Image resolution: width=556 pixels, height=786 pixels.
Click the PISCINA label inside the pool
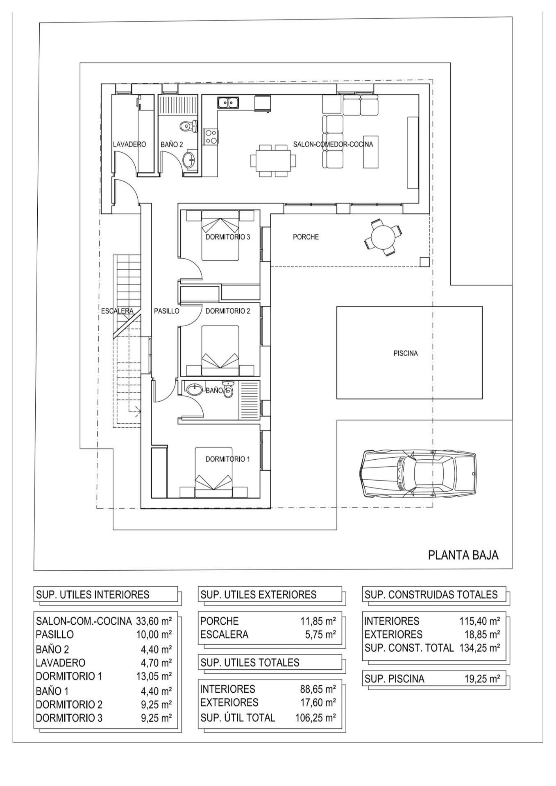406,353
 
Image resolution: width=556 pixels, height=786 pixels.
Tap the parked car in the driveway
418,474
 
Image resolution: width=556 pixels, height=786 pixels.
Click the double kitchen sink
228,102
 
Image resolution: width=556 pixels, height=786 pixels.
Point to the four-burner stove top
211,136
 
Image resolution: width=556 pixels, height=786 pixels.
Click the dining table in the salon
273,160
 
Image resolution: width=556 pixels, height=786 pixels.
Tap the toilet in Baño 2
188,126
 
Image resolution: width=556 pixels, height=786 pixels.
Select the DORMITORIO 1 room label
227,459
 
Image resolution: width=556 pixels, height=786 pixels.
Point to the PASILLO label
166,311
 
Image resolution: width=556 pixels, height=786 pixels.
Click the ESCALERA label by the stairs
117,311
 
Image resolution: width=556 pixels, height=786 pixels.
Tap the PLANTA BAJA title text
463,555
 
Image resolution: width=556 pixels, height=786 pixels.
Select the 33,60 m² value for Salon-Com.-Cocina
154,621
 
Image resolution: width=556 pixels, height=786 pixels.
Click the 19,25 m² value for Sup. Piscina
482,679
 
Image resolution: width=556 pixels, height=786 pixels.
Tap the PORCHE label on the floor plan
306,237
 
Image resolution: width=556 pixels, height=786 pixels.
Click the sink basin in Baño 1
194,389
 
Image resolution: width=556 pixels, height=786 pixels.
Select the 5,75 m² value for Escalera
320,635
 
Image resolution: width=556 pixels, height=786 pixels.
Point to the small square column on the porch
424,262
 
